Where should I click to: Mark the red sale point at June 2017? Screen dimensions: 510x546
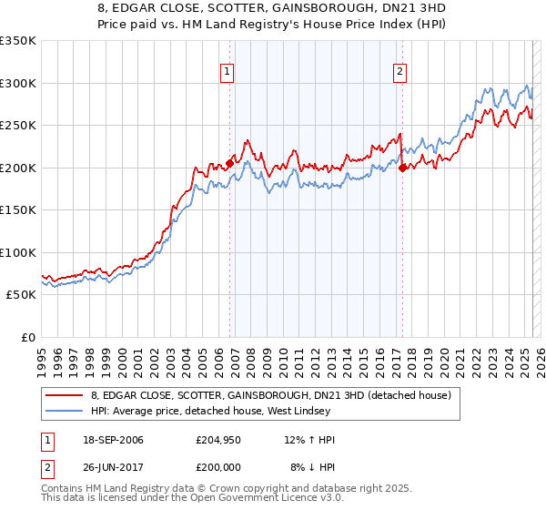click(x=403, y=167)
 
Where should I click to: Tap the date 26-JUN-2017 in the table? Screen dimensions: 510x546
click(x=110, y=467)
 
